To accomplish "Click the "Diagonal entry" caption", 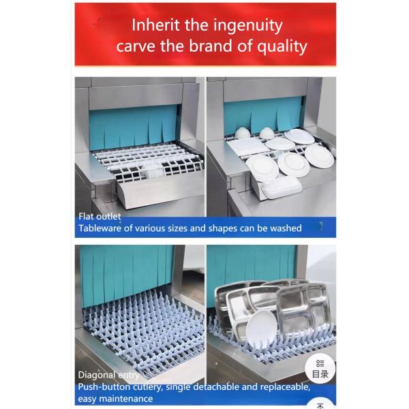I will tap(109, 374).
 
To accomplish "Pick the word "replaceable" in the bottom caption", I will tap(280, 387).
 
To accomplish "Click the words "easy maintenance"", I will tap(115, 398).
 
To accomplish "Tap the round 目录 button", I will tap(320, 369).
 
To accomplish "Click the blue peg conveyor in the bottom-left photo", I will tap(136, 327).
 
